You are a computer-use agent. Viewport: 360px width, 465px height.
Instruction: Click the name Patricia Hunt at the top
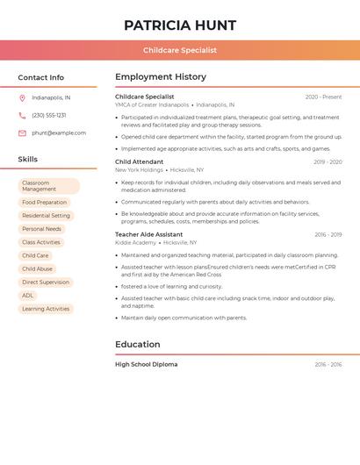pyautogui.click(x=180, y=25)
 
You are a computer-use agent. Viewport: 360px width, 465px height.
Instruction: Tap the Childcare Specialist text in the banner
pyautogui.click(x=180, y=50)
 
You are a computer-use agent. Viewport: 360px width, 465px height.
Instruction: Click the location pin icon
pyautogui.click(x=22, y=97)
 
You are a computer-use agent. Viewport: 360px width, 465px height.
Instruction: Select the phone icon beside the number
pyautogui.click(x=22, y=115)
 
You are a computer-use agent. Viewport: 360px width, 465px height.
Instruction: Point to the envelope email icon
pyautogui.click(x=22, y=133)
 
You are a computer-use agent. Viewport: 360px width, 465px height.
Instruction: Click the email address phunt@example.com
pyautogui.click(x=59, y=133)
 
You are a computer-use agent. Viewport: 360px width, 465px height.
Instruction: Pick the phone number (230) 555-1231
pyautogui.click(x=48, y=115)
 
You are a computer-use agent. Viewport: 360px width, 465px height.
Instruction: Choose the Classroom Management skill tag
pyautogui.click(x=49, y=186)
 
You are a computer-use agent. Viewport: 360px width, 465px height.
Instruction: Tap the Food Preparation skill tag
pyautogui.click(x=45, y=203)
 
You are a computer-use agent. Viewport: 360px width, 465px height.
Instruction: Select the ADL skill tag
pyautogui.click(x=28, y=296)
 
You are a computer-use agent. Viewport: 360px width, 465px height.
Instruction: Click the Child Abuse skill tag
pyautogui.click(x=37, y=269)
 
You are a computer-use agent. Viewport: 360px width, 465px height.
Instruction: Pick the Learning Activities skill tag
pyautogui.click(x=46, y=309)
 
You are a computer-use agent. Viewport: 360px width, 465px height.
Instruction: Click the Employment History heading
pyautogui.click(x=161, y=77)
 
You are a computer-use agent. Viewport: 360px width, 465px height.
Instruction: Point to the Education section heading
pyautogui.click(x=138, y=345)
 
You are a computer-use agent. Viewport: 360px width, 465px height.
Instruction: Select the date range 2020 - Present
pyautogui.click(x=323, y=97)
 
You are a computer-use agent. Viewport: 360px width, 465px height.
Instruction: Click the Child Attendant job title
pyautogui.click(x=139, y=161)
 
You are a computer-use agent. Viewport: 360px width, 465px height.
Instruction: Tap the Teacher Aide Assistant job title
pyautogui.click(x=149, y=234)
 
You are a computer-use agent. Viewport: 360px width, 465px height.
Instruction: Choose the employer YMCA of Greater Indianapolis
pyautogui.click(x=152, y=104)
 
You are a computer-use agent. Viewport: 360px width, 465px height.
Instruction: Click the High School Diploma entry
pyautogui.click(x=146, y=364)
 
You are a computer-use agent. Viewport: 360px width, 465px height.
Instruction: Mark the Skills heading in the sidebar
pyautogui.click(x=28, y=160)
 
